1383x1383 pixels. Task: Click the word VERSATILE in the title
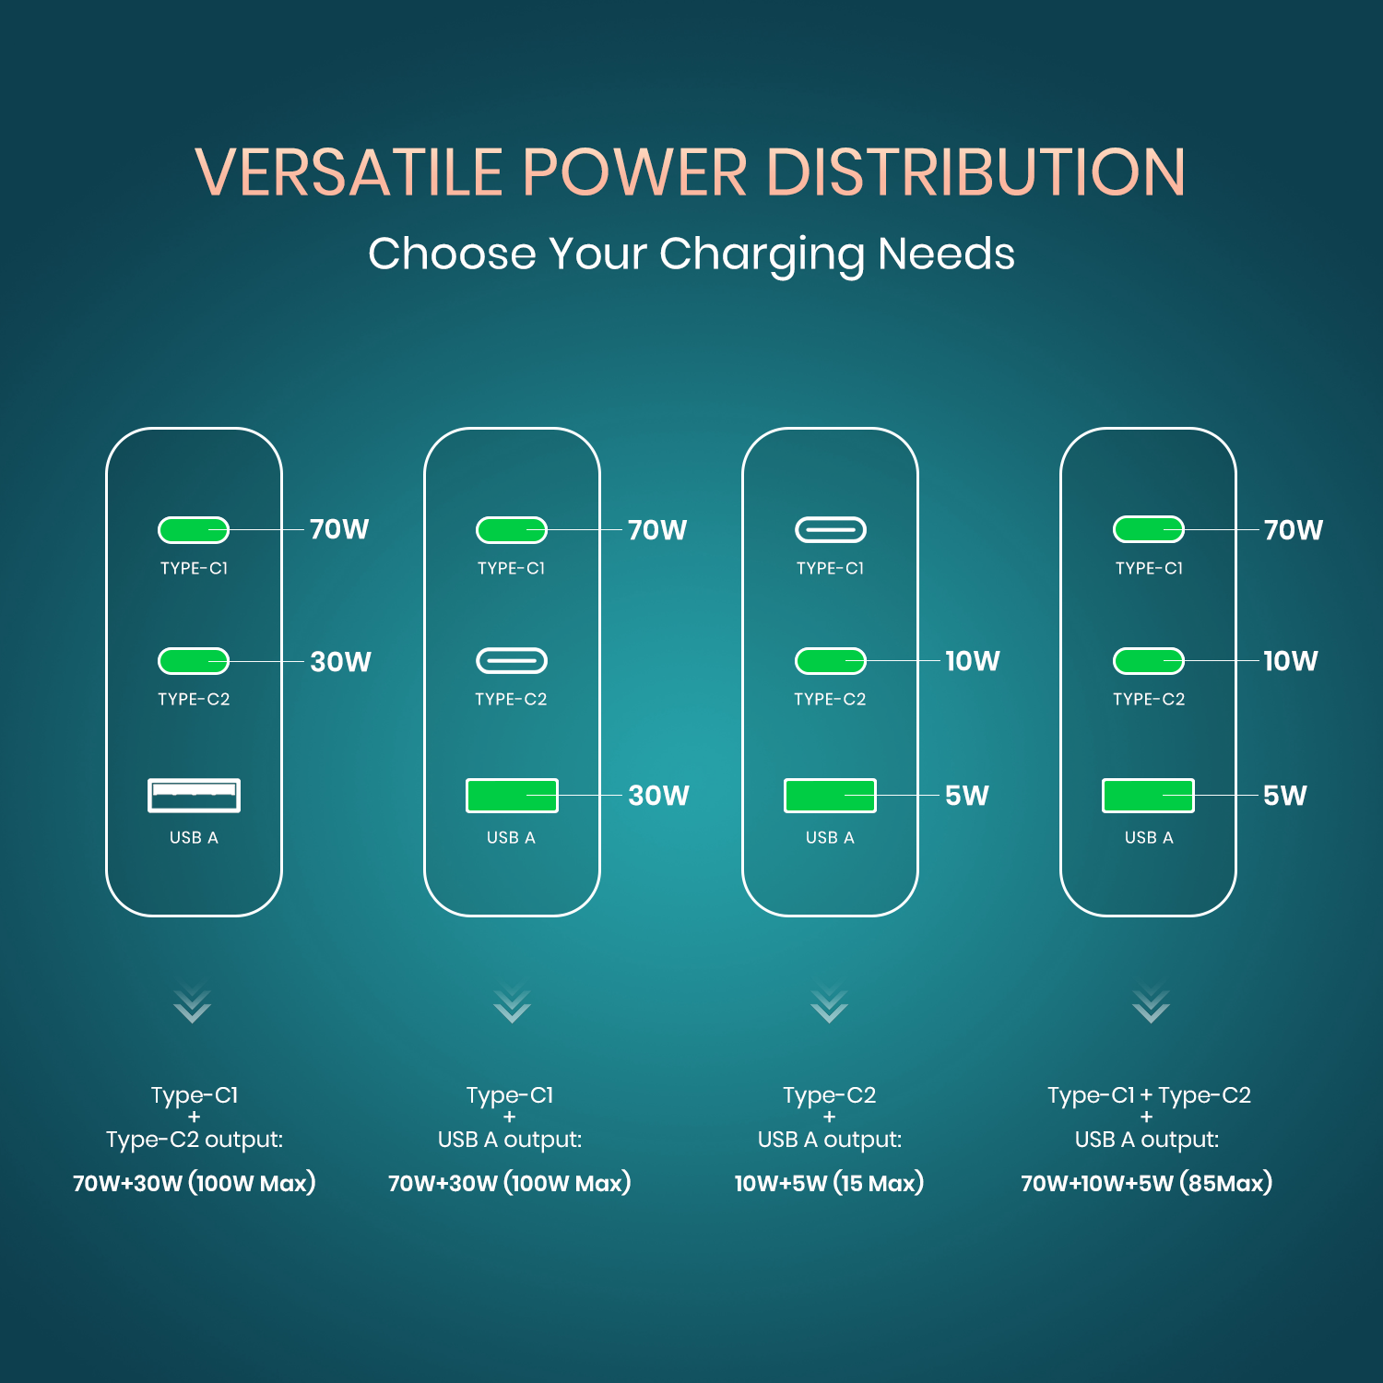click(x=349, y=173)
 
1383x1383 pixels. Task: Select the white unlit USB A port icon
click(x=194, y=795)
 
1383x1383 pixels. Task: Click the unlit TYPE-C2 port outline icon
click(x=511, y=661)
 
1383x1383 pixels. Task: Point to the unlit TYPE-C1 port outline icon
click(x=830, y=530)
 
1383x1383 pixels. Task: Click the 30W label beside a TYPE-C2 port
click(x=340, y=662)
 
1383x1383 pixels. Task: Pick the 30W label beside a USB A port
click(x=658, y=796)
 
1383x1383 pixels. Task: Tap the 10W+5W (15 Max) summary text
click(x=829, y=1183)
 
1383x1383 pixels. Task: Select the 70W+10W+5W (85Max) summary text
click(x=1146, y=1183)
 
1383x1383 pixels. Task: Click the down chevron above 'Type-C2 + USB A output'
click(x=829, y=1006)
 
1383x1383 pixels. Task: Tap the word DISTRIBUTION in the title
click(x=975, y=173)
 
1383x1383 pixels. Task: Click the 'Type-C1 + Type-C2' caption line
click(x=1149, y=1095)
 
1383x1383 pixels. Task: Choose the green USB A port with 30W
click(x=512, y=795)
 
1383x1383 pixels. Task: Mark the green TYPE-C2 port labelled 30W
click(x=194, y=661)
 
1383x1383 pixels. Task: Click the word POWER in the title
click(x=634, y=173)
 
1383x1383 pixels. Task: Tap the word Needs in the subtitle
click(x=946, y=254)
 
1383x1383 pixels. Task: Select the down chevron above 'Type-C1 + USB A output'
click(x=511, y=1006)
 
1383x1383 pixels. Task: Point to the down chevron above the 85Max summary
click(x=1151, y=1006)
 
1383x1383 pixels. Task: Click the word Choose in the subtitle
click(x=452, y=254)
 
